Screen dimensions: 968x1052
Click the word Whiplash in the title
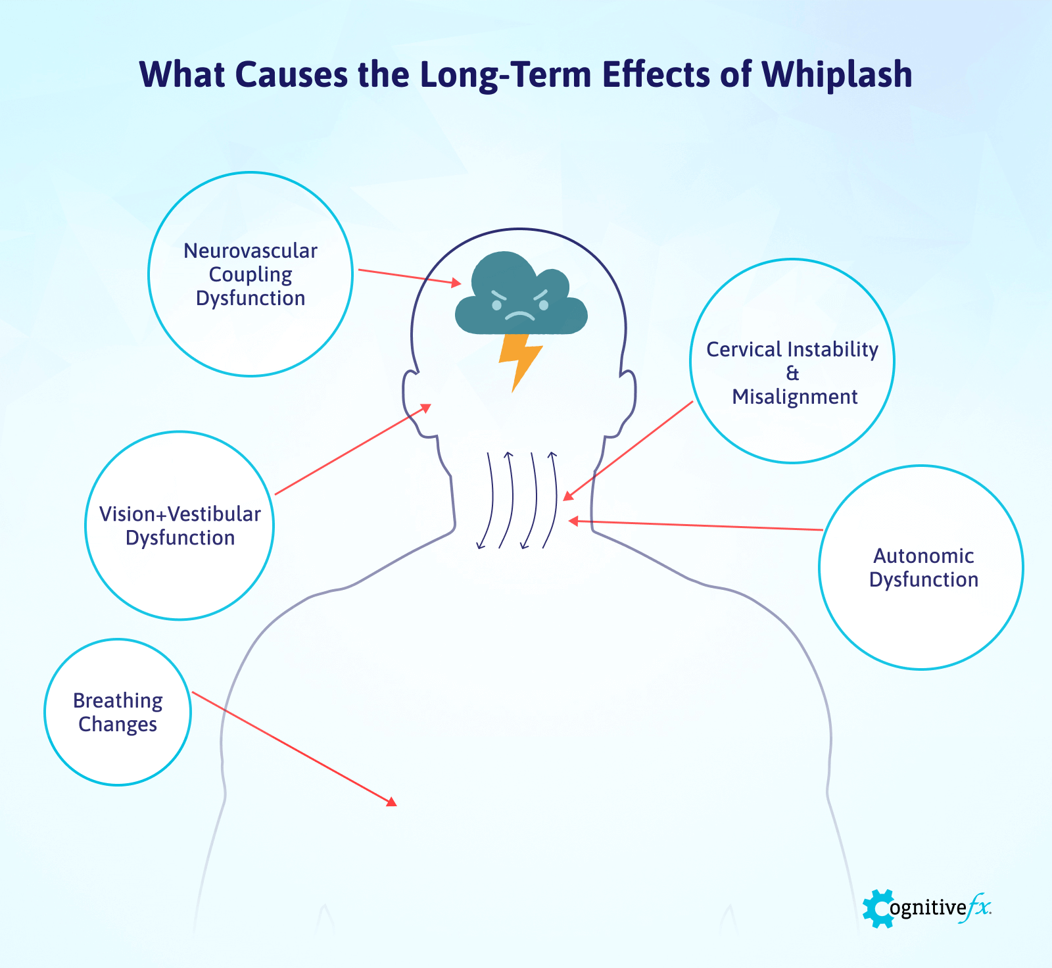836,75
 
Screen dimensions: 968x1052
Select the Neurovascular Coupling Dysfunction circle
251,274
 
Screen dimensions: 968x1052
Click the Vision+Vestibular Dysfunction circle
179,525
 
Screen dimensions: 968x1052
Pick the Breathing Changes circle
118,712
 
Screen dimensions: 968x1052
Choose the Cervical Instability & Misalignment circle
792,360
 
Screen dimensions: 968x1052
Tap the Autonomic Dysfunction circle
921,568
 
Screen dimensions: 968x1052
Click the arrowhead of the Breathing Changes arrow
392,802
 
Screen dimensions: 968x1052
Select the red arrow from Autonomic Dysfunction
697,525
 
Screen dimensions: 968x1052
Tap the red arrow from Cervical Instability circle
628,451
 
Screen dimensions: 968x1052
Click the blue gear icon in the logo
878,909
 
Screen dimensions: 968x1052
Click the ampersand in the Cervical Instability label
792,374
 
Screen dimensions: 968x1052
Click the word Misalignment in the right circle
795,397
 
